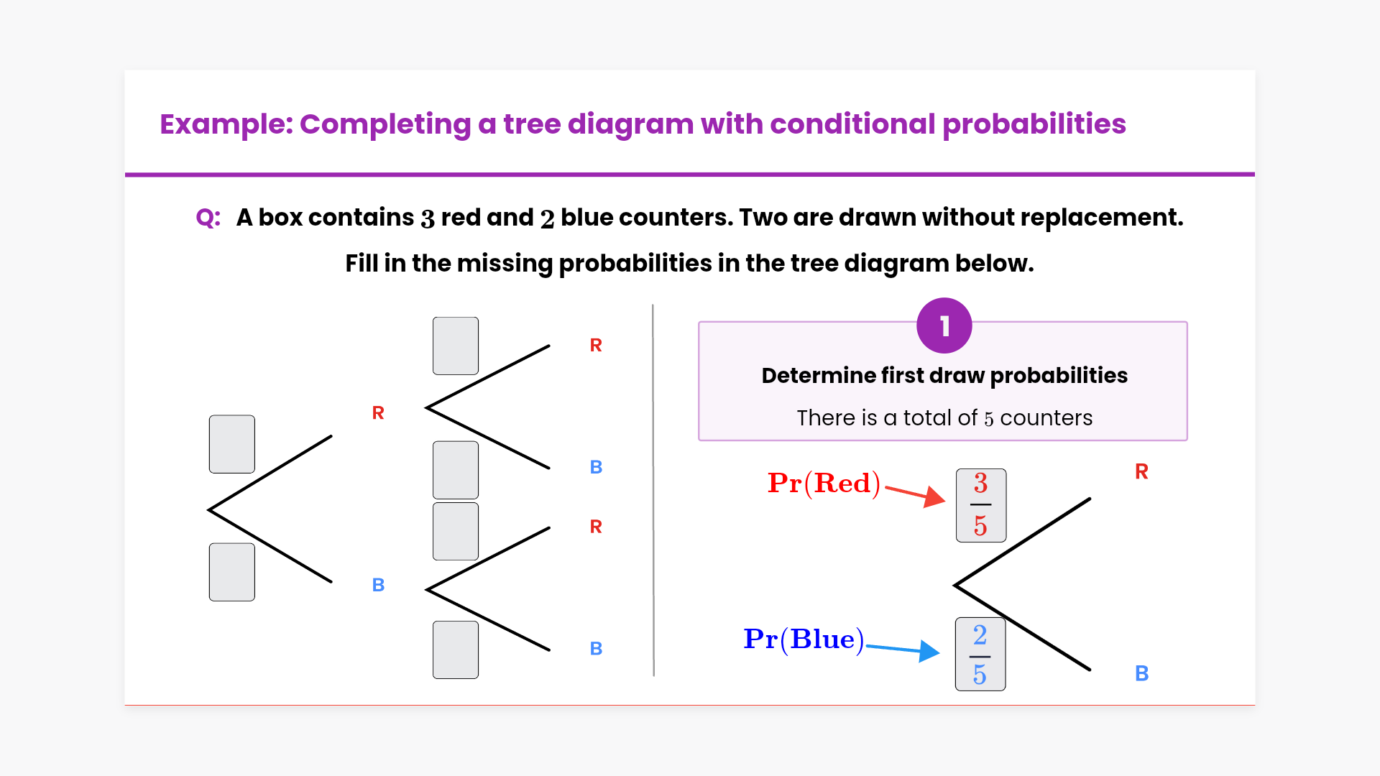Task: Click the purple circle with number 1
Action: [x=944, y=325]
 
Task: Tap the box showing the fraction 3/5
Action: [x=981, y=505]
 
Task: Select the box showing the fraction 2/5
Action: [x=980, y=654]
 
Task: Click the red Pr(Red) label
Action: [x=824, y=483]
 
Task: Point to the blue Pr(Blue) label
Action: [x=804, y=639]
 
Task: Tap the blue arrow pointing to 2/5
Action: [x=903, y=649]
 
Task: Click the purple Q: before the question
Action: [x=208, y=217]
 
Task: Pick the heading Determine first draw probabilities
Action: [x=944, y=375]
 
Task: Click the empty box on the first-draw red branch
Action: [x=232, y=444]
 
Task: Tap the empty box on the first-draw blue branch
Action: [x=232, y=572]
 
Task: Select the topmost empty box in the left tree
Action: [x=456, y=346]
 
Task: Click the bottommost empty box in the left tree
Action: [x=456, y=650]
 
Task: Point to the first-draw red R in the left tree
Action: [x=378, y=412]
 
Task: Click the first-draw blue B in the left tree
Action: [x=378, y=585]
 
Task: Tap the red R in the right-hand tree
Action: [x=1141, y=471]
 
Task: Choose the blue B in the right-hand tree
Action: [x=1141, y=673]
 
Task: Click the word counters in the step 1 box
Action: [x=1046, y=417]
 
